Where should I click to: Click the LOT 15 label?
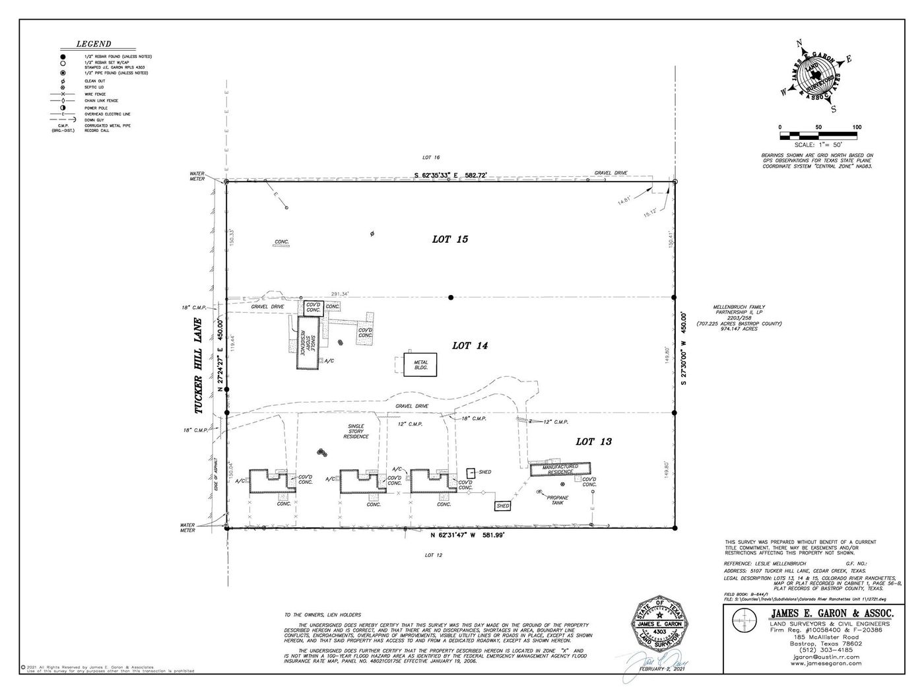tap(450, 239)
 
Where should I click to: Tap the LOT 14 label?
tap(469, 345)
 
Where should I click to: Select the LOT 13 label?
tap(593, 442)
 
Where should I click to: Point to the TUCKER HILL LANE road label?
tap(199, 367)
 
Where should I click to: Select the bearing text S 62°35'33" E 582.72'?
tap(450, 175)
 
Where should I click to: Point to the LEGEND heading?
tap(94, 44)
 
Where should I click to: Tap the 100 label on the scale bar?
tap(857, 127)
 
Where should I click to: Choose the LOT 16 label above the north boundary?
tap(431, 157)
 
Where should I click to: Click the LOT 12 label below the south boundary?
tap(433, 555)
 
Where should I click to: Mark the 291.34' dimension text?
tap(340, 294)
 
